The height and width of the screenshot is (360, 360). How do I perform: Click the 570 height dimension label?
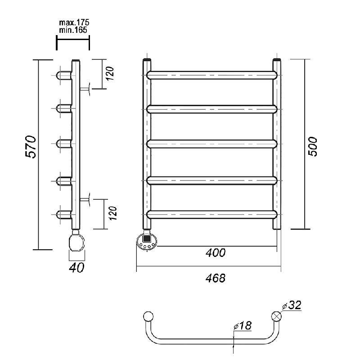(31, 147)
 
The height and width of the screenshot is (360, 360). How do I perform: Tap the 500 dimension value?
(312, 147)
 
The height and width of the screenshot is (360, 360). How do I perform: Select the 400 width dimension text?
(216, 253)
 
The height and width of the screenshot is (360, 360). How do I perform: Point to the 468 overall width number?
(216, 278)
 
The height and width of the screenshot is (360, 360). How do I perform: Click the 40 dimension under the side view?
(76, 267)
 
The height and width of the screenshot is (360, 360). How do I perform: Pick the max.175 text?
(74, 22)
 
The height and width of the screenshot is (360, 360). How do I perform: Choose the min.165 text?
(73, 30)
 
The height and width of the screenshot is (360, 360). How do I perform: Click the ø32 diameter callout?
(292, 305)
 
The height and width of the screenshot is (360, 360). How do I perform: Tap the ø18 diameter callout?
(243, 325)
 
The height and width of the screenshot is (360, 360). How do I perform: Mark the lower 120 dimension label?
(113, 213)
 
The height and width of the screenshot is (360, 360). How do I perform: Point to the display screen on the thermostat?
(147, 238)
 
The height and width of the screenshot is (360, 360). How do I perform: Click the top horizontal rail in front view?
(211, 75)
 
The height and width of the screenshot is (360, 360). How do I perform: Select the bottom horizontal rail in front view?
(211, 215)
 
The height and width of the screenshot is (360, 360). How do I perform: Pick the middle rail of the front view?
(211, 144)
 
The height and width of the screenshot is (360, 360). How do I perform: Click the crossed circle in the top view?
(276, 316)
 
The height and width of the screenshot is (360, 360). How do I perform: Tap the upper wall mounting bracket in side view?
(85, 89)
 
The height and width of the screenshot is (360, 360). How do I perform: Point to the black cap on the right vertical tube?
(277, 60)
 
